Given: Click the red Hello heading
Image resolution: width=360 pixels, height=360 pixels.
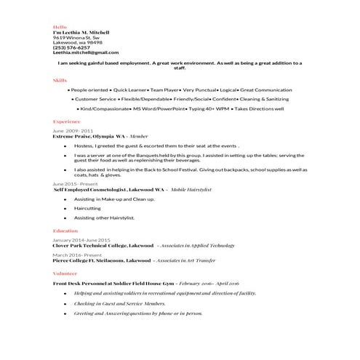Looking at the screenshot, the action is pos(60,26).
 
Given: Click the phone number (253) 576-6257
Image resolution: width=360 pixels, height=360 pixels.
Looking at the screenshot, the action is pos(71,47).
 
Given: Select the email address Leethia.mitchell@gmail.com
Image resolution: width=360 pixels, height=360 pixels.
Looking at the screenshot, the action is pos(85,52).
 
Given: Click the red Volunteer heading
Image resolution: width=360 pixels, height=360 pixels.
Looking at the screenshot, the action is pos(65,273).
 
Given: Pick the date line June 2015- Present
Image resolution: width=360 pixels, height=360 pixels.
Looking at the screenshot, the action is pos(76,184).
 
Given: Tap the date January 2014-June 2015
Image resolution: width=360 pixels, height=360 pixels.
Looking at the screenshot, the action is pos(81,239).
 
